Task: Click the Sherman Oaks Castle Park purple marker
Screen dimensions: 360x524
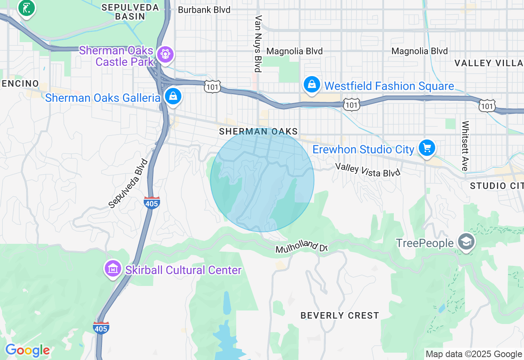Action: [x=165, y=54]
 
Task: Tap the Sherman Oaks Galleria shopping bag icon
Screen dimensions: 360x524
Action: [x=173, y=97]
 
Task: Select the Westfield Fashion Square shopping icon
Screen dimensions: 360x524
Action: [x=312, y=85]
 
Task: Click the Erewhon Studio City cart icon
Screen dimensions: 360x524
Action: [x=427, y=148]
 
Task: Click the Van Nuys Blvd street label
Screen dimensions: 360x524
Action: [x=258, y=43]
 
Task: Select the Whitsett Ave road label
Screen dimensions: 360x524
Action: [x=465, y=146]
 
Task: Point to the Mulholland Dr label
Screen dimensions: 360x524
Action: [x=302, y=247]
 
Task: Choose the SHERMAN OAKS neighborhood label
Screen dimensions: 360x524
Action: [x=258, y=131]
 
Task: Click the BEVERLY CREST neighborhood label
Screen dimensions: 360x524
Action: [x=340, y=315]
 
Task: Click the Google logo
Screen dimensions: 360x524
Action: [x=27, y=350]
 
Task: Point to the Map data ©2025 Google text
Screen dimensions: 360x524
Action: [x=474, y=354]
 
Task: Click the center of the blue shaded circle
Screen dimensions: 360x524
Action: [x=262, y=180]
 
